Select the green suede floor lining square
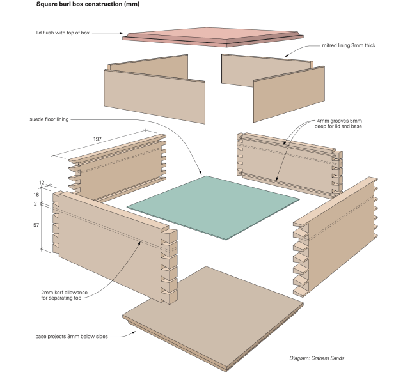(212, 206)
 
